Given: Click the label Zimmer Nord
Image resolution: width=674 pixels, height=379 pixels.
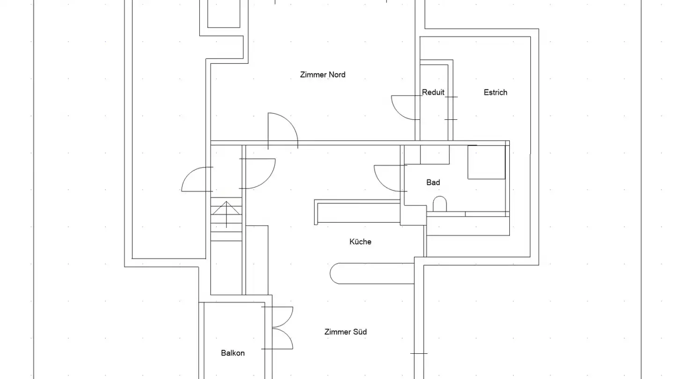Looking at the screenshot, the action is pyautogui.click(x=322, y=74).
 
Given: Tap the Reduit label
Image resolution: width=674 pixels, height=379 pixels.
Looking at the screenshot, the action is pyautogui.click(x=433, y=92).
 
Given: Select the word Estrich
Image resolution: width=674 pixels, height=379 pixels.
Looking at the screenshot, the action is pyautogui.click(x=495, y=92).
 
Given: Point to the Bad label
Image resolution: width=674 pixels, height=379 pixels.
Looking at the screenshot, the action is pyautogui.click(x=433, y=182).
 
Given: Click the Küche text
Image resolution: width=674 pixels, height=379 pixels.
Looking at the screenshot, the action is pyautogui.click(x=360, y=241).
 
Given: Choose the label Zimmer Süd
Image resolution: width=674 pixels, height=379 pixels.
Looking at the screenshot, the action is pyautogui.click(x=345, y=332).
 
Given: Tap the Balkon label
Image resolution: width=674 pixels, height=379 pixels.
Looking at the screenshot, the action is pyautogui.click(x=233, y=353).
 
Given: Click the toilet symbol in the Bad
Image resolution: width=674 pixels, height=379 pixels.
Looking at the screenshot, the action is pyautogui.click(x=440, y=204).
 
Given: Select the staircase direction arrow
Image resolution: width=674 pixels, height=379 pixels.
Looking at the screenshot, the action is pyautogui.click(x=226, y=214).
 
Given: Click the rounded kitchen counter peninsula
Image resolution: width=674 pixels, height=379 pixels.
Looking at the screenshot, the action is pyautogui.click(x=372, y=273).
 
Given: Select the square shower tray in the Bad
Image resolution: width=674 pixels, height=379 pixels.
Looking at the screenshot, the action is pyautogui.click(x=486, y=162).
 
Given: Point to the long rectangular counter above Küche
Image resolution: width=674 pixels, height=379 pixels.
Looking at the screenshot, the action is pyautogui.click(x=357, y=212).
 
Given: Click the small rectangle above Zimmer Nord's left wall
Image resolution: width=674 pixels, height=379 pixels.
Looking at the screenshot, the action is pyautogui.click(x=224, y=14).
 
